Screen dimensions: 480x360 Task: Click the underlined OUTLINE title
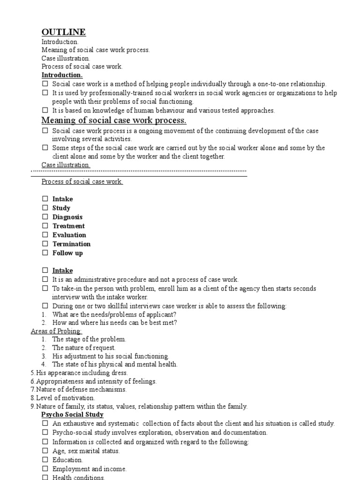(63, 32)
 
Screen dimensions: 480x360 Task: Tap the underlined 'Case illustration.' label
(66, 165)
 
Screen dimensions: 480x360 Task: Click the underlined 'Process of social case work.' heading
(82, 181)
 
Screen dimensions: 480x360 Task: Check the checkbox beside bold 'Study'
(45, 208)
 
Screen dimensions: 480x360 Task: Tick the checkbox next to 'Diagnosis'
(45, 217)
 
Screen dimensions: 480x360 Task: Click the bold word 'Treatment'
(68, 226)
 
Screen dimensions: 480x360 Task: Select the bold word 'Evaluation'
(69, 235)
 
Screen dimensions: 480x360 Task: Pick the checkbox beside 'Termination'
(45, 244)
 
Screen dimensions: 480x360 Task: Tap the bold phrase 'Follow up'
(67, 253)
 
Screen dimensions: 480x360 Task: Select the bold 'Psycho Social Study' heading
(73, 414)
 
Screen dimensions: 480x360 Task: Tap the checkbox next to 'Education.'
(45, 460)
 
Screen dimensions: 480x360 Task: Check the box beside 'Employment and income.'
(45, 469)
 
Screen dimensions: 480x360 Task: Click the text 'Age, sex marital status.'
(86, 451)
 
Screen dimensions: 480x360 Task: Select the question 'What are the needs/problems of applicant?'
(114, 314)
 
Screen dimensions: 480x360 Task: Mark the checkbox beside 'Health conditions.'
(45, 477)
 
